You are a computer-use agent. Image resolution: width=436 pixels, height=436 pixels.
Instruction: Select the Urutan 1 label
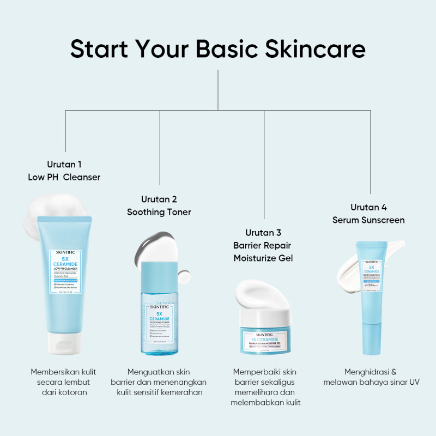coord(64,163)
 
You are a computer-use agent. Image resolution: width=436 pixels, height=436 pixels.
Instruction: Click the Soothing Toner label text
coord(159,212)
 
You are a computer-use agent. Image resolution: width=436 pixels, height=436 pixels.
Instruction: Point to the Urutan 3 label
coord(263,233)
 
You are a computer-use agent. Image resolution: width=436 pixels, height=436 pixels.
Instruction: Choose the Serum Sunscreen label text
coord(368,220)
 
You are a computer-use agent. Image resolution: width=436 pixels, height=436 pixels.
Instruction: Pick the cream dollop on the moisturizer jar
coord(262,294)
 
